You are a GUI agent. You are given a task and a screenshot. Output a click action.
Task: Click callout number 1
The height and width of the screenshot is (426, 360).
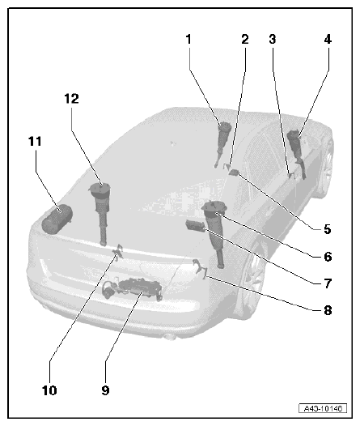(188, 39)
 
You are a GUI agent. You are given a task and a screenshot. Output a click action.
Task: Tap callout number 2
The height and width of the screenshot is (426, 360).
(244, 39)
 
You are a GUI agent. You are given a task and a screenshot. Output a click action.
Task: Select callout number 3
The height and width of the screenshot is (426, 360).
(273, 39)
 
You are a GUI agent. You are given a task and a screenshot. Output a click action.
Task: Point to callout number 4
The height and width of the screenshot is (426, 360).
(328, 39)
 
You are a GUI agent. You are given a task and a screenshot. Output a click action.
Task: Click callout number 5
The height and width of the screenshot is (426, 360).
(328, 229)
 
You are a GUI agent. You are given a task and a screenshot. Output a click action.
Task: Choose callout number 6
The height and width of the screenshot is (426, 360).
(328, 257)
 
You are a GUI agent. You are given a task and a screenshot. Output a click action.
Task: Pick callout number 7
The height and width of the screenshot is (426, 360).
(328, 283)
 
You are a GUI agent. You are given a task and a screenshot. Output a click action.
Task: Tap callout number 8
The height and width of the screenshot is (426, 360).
(328, 310)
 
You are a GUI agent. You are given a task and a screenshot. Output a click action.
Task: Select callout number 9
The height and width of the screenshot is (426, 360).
(105, 390)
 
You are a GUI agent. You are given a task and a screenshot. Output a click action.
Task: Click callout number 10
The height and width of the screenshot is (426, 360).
(49, 390)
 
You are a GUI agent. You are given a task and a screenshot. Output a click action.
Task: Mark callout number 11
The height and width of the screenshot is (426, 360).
(35, 141)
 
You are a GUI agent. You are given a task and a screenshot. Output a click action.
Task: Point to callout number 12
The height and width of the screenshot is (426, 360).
(72, 99)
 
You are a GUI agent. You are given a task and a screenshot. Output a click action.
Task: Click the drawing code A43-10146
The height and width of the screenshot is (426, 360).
(323, 408)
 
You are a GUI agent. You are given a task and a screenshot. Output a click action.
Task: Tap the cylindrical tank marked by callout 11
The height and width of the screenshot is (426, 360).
(57, 219)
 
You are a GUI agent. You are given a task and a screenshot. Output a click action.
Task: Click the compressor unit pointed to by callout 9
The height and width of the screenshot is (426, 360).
(133, 289)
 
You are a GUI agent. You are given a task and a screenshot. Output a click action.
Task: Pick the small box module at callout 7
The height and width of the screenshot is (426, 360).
(195, 225)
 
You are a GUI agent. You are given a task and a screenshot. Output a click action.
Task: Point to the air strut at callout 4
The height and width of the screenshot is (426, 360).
(297, 153)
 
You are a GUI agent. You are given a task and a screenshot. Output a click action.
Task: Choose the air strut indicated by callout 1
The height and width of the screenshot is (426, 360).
(223, 143)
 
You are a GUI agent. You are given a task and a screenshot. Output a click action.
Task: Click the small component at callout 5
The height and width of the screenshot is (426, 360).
(234, 172)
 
